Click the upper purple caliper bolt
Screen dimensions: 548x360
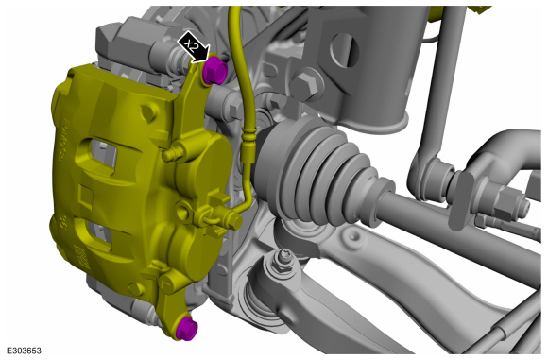[214, 71]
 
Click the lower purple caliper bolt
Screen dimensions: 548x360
[187, 329]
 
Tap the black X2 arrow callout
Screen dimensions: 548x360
[194, 47]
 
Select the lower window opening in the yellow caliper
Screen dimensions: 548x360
[99, 233]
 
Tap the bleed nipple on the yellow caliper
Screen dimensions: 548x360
[172, 154]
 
